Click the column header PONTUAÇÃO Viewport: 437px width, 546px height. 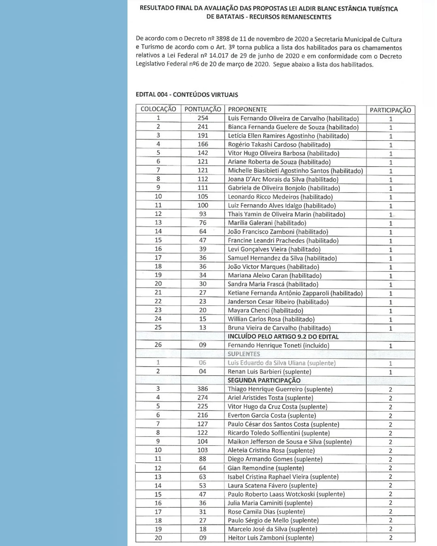[203, 109]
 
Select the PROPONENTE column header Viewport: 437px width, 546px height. [247, 109]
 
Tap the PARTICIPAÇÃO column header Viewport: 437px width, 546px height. [390, 110]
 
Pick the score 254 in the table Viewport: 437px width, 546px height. [203, 118]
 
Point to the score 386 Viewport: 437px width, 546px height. [203, 389]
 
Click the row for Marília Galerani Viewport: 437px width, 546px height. [267, 223]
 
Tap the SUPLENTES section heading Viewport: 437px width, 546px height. [244, 354]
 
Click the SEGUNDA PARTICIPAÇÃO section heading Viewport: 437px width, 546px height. [264, 380]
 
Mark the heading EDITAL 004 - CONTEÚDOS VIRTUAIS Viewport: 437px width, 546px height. [187, 95]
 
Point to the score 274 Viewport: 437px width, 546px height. [203, 398]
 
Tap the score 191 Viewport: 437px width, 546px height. [203, 135]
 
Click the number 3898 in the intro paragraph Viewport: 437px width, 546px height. [223, 39]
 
